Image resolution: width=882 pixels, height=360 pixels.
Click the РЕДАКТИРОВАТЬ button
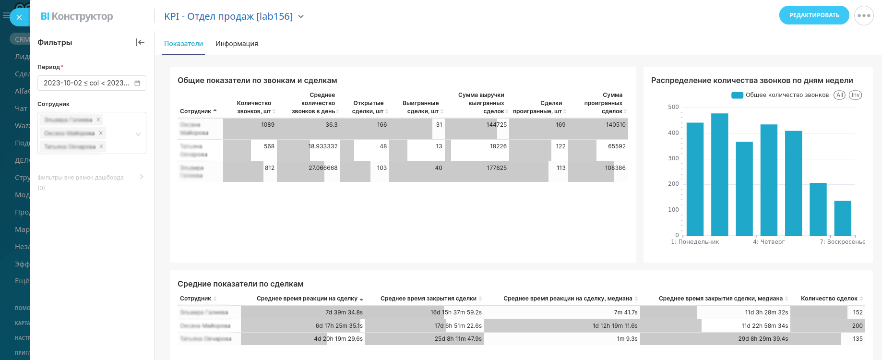pyautogui.click(x=814, y=15)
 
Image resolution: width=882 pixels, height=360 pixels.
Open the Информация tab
pyautogui.click(x=237, y=44)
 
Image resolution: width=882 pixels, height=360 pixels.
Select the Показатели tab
pyautogui.click(x=183, y=44)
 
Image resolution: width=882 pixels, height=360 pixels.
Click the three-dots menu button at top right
pyautogui.click(x=864, y=15)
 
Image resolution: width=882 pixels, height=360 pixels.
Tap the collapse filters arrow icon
pyautogui.click(x=140, y=42)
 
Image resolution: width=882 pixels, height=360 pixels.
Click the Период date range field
pyautogui.click(x=91, y=83)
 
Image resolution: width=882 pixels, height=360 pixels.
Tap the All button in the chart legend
pyautogui.click(x=839, y=95)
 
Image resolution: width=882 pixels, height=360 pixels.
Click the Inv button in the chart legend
pyautogui.click(x=855, y=95)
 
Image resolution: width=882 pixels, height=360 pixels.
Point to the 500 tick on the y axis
pyautogui.click(x=673, y=107)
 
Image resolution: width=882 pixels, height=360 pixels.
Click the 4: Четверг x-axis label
pyautogui.click(x=768, y=242)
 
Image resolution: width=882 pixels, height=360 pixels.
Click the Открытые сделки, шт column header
pyautogui.click(x=368, y=107)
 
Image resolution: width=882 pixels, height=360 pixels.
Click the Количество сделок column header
pyautogui.click(x=829, y=299)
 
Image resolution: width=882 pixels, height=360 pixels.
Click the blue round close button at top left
pyautogui.click(x=19, y=17)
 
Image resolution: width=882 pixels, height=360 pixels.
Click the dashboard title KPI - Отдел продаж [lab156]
pyautogui.click(x=228, y=16)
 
